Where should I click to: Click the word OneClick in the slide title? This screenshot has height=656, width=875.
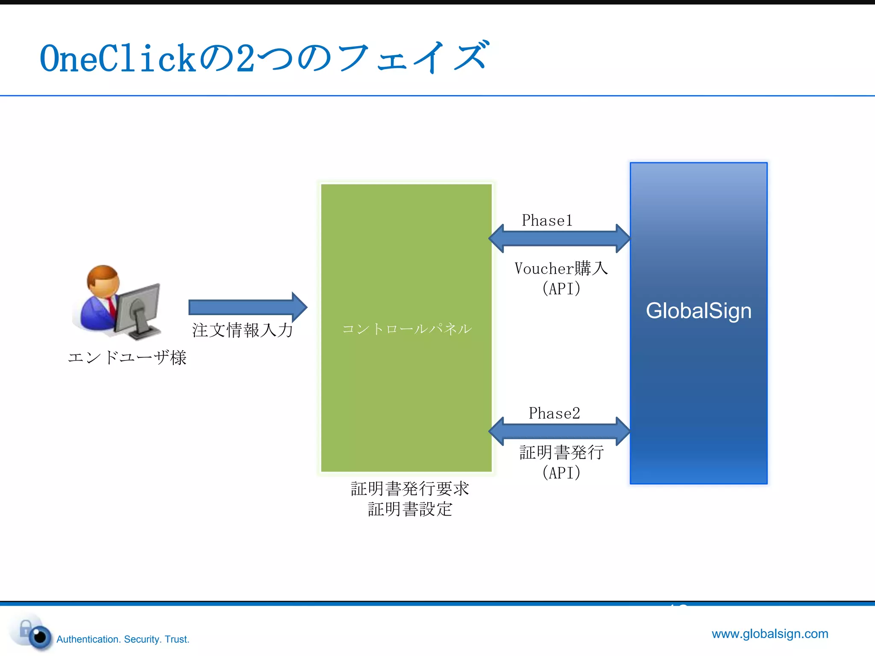(117, 59)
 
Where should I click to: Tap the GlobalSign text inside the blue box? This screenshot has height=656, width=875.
(699, 310)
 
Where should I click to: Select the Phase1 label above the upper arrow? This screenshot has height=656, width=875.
(547, 220)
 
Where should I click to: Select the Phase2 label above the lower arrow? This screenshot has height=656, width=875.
(554, 413)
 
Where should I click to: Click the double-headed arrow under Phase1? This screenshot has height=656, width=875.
(559, 238)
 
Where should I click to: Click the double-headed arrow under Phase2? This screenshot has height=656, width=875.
(559, 431)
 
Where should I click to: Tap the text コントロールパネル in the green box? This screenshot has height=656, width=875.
(407, 329)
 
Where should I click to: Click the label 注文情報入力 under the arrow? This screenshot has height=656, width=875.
(243, 330)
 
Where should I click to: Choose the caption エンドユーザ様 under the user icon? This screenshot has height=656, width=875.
(127, 357)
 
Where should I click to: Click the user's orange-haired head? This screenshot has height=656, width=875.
(103, 281)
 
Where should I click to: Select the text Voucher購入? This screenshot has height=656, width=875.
(561, 269)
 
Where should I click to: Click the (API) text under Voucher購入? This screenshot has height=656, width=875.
(561, 289)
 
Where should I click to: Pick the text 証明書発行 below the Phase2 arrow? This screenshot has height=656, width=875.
(561, 452)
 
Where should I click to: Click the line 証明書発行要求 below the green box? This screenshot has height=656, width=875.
(410, 489)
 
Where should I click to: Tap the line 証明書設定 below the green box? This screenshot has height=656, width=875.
(410, 509)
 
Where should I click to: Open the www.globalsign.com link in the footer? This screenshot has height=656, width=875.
(770, 633)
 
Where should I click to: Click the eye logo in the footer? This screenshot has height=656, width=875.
(39, 636)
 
